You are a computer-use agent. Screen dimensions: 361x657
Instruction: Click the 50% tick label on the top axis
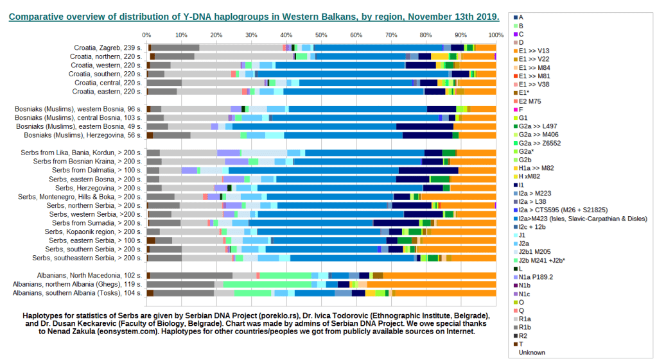point(320,35)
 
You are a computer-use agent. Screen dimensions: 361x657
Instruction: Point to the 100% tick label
point(496,35)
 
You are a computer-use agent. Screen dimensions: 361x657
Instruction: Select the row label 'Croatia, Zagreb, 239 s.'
point(109,47)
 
